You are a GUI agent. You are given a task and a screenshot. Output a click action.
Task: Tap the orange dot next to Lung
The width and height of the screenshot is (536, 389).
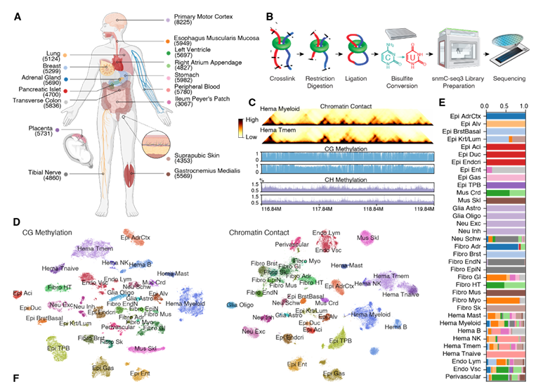point(65,54)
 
